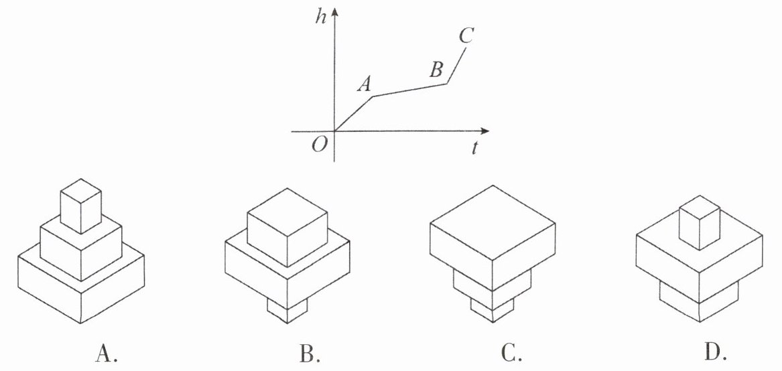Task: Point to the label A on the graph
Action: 365,83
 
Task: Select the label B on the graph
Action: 436,69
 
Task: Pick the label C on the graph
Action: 466,36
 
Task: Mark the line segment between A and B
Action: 410,90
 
